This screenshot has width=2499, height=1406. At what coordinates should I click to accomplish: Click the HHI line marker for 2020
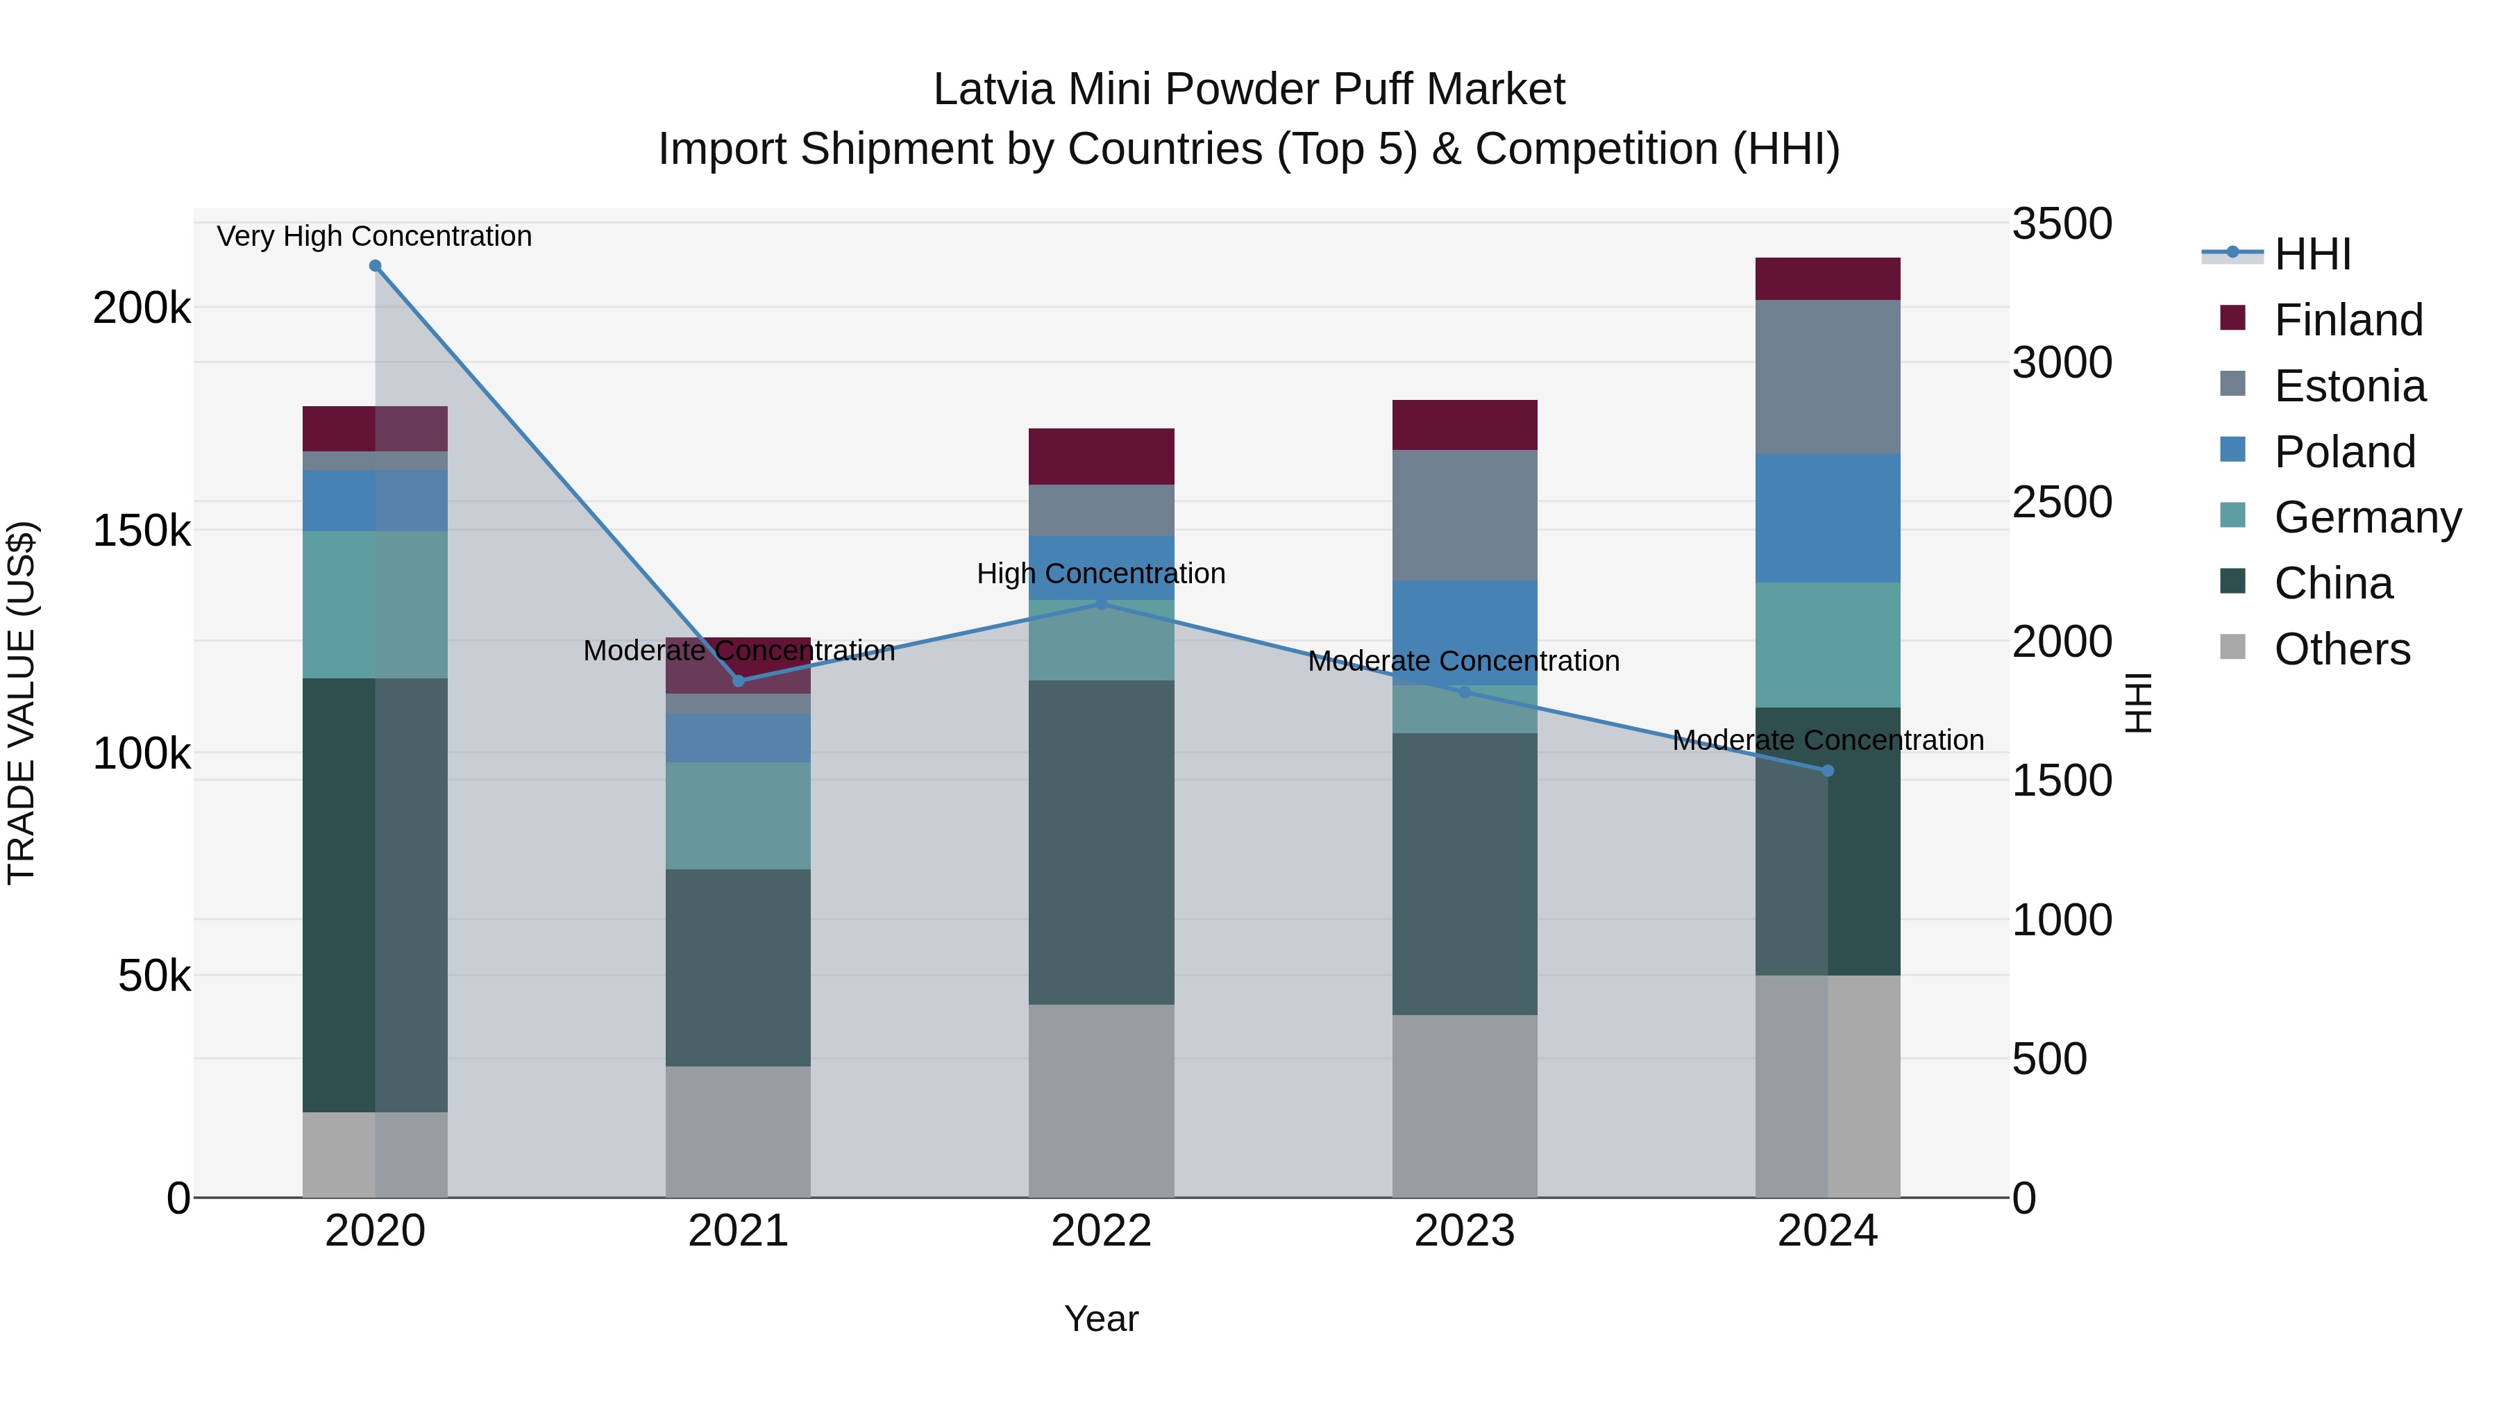coord(376,266)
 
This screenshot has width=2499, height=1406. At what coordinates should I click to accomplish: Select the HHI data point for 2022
coord(1101,603)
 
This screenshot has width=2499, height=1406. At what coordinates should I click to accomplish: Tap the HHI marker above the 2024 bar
coord(1828,771)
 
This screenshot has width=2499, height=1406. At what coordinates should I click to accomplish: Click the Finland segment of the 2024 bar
coord(1828,279)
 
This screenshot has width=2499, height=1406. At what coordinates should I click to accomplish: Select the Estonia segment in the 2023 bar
coord(1465,515)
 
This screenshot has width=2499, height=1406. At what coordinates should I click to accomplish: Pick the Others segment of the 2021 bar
coord(739,1132)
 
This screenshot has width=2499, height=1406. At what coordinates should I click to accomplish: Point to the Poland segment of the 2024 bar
coord(1828,518)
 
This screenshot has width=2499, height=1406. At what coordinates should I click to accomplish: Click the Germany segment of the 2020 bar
coord(376,605)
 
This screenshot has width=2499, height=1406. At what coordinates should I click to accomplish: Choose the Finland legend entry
coord(2348,320)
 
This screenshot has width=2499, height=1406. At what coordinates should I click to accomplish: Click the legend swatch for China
coord(2232,583)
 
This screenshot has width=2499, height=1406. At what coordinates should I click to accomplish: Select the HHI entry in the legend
coord(2312,254)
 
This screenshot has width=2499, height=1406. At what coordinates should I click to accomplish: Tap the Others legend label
coord(2342,649)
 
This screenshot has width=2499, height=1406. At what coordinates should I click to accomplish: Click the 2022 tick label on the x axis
coord(1101,1231)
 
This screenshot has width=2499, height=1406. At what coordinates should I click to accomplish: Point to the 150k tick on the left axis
coord(142,530)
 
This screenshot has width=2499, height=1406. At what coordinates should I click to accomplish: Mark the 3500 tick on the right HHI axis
coord(2062,224)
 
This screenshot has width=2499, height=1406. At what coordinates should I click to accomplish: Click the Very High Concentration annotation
coord(374,237)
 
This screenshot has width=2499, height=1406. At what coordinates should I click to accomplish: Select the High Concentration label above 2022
coord(1101,574)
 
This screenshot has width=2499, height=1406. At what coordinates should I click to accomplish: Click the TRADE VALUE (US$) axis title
coord(22,703)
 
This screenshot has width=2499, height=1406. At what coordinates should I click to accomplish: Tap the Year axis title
coord(1101,1319)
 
